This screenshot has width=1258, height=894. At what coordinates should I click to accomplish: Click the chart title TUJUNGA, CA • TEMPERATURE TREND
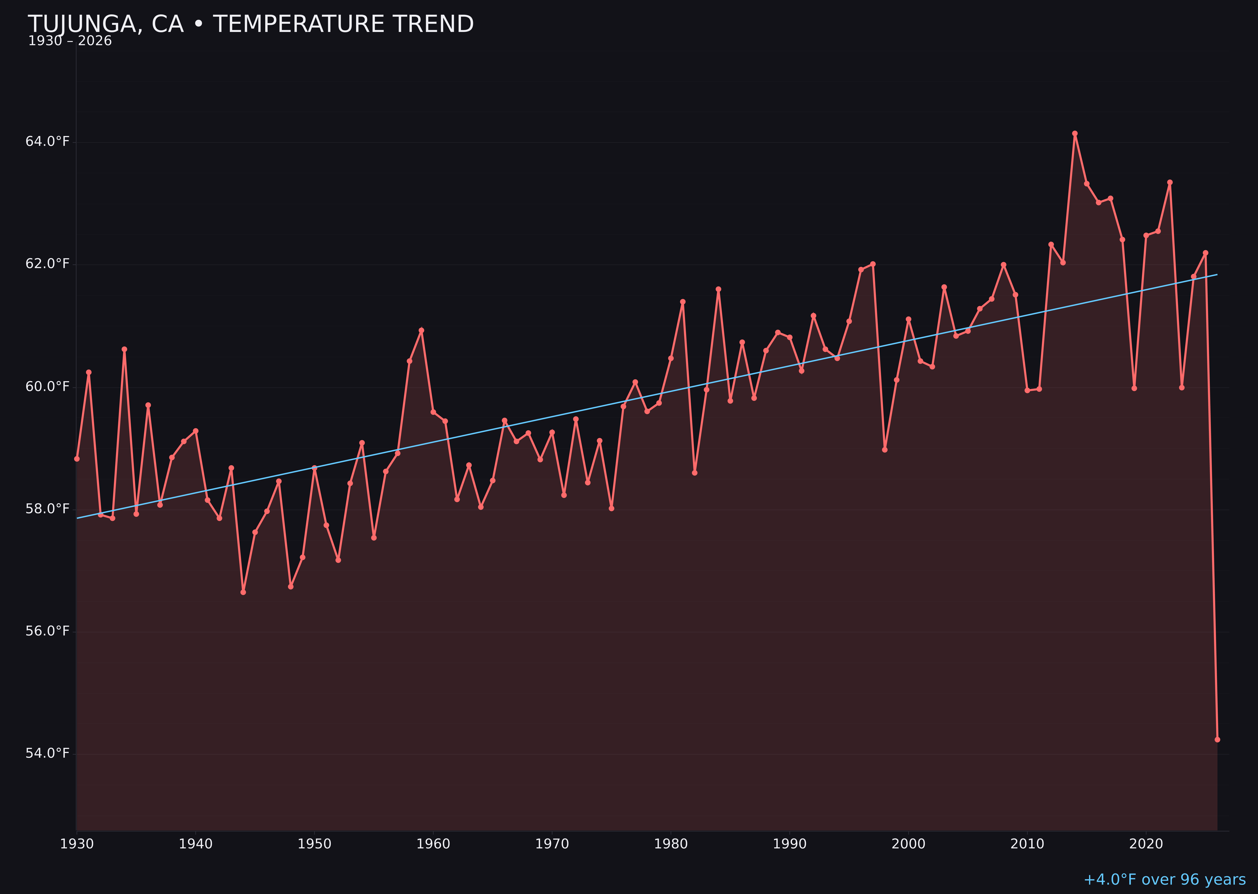pos(251,24)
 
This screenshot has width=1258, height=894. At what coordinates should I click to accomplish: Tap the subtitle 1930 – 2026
pos(70,41)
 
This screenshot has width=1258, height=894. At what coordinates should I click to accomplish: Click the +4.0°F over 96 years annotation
pos(1164,879)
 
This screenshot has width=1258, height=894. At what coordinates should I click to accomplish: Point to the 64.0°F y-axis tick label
pos(47,141)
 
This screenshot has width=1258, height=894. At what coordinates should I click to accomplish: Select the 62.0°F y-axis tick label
pos(47,264)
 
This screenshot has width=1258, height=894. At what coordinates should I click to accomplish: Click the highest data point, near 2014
pos(1075,133)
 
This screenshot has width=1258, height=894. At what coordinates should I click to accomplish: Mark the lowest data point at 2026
pos(1217,739)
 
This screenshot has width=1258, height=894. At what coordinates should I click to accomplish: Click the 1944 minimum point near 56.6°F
pos(243,592)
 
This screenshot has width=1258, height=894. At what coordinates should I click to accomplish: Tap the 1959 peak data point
pos(421,330)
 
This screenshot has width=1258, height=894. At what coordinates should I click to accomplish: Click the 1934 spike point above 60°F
pos(125,349)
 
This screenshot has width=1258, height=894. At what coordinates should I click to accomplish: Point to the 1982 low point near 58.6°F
pos(694,472)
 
